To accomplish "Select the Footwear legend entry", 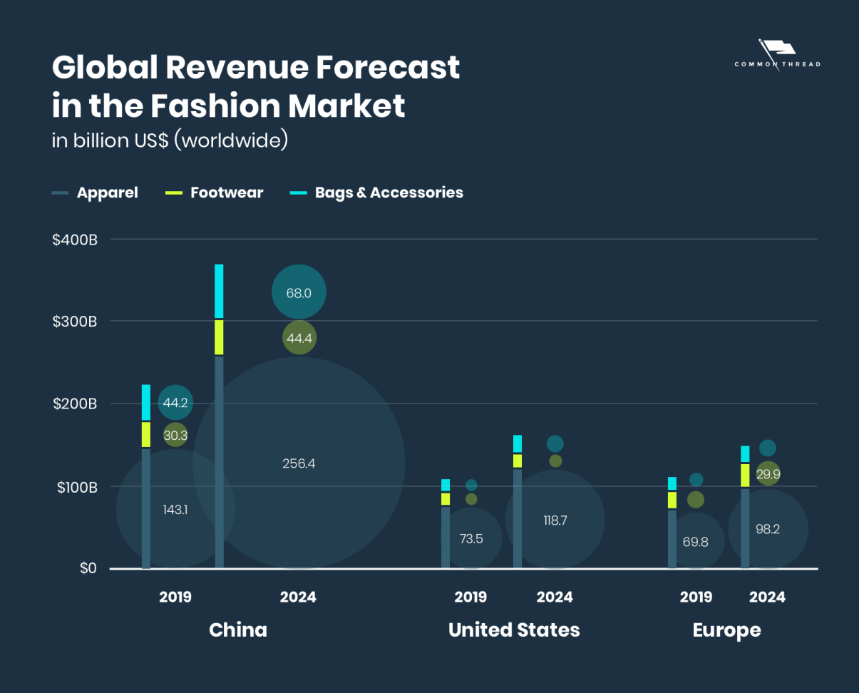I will tap(226, 192).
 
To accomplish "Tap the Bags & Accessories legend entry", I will tap(389, 192).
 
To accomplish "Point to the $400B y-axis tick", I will tap(75, 240).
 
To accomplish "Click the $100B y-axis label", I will tap(75, 487).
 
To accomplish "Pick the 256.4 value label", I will tap(299, 463).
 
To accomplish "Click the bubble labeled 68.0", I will tap(299, 292).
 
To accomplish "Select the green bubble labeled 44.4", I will tap(299, 338).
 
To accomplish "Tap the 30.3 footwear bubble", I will tap(175, 435).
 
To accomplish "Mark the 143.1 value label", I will tap(175, 510).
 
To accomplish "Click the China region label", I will tap(238, 630).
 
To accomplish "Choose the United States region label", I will tap(514, 630).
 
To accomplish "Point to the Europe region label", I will tap(726, 630).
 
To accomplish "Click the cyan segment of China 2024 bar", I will tap(220, 291).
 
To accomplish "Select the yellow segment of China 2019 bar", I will tap(146, 434).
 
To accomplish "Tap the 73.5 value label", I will tap(471, 539).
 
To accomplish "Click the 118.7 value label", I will tap(555, 520).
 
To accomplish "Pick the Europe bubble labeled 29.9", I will tap(768, 474).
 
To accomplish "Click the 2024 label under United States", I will tap(555, 597).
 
